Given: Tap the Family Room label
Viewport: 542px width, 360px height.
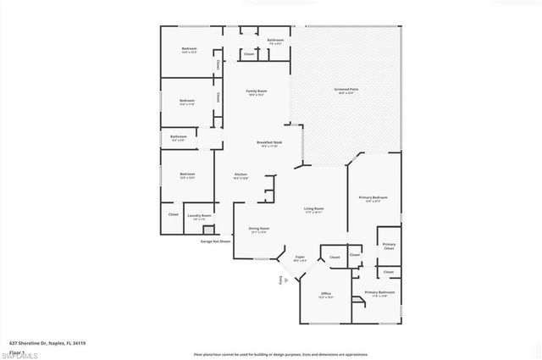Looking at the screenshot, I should coord(256,91).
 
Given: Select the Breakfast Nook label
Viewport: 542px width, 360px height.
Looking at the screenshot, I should coord(270,143).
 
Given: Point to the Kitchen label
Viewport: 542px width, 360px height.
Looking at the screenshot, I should coord(241,175).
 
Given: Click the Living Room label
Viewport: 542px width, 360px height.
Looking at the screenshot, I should coord(314,208).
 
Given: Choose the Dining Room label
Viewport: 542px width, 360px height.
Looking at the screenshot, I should coord(259,229).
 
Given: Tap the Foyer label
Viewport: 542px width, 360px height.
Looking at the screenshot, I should coord(300,257).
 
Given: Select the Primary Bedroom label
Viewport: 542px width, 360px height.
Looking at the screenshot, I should coord(372,198).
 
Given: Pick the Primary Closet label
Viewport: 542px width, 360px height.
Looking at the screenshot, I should coord(389,246).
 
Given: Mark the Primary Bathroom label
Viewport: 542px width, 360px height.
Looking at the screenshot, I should coord(377,293).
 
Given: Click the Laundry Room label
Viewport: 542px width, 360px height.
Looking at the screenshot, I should coord(200,217).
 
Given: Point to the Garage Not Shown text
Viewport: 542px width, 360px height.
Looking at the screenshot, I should coord(215,241).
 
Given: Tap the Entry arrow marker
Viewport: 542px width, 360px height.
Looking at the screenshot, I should coord(281,280).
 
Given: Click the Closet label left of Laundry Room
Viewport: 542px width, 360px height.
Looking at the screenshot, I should coord(173,215).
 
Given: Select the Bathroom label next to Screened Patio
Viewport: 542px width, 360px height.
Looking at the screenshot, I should coord(275,41).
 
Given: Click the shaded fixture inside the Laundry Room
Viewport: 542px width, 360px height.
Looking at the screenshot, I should coord(208,229).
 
